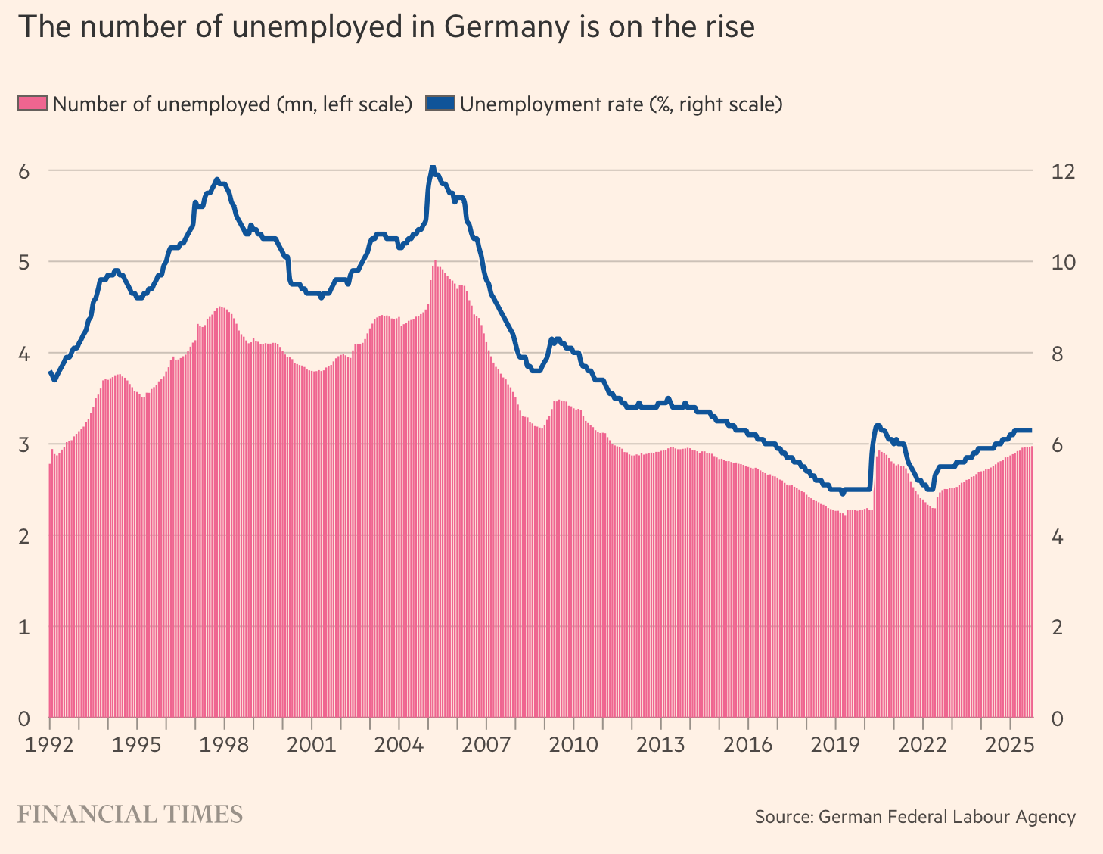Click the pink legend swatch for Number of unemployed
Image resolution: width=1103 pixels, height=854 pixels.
click(33, 104)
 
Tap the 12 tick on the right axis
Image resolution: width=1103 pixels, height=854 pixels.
click(1063, 171)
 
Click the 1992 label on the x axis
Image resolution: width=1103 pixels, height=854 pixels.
click(50, 744)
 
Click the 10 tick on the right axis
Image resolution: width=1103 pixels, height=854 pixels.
click(1063, 262)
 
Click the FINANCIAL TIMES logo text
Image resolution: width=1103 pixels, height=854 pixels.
click(129, 815)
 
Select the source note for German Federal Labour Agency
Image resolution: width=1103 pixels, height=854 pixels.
click(915, 817)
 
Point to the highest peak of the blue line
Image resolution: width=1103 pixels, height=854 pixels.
click(432, 167)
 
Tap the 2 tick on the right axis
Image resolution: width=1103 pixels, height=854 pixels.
click(1057, 628)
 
